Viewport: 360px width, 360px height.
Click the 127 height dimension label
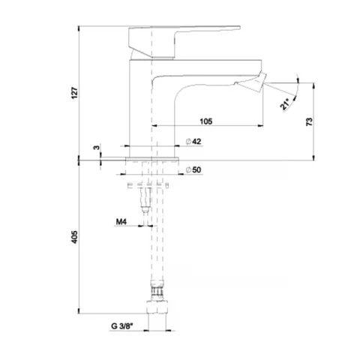(74, 93)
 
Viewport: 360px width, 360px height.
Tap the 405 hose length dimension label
(74, 237)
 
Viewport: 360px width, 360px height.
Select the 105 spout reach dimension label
(206, 121)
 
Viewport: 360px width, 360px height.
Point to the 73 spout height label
(309, 121)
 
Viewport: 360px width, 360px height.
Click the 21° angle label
(284, 104)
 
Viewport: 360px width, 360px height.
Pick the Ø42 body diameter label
(193, 141)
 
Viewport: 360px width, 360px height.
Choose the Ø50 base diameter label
(193, 169)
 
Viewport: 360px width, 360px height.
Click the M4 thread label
(121, 221)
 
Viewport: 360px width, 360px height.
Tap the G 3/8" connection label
(121, 326)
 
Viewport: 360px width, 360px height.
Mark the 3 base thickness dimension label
(97, 148)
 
